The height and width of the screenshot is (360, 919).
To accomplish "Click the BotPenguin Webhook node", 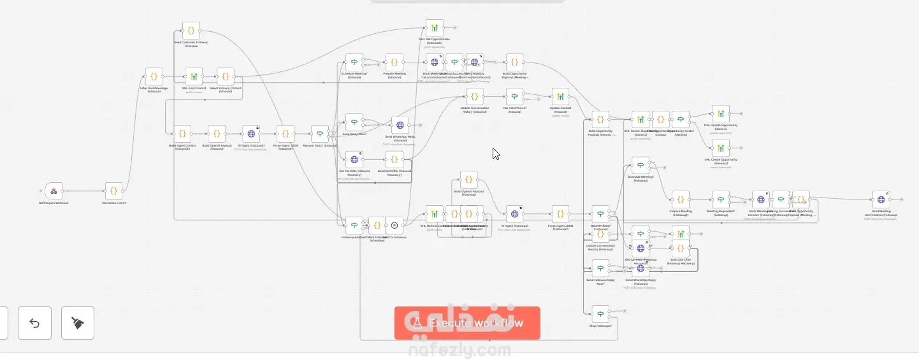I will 54,191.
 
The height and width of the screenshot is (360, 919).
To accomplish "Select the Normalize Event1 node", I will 113,191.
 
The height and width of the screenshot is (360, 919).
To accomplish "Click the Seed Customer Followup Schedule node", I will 191,31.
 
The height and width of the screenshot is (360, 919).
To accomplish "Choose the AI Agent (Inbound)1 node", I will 251,134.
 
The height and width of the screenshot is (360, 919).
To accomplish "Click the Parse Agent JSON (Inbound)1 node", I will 286,134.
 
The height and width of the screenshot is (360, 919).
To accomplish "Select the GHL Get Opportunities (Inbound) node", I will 434,28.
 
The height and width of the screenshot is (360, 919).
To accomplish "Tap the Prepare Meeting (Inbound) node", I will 394,62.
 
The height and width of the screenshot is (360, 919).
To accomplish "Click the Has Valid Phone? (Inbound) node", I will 514,97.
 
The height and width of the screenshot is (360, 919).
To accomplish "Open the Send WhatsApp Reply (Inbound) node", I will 400,125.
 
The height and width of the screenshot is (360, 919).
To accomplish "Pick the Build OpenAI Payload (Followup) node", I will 468,180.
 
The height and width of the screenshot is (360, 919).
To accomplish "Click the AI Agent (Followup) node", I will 514,214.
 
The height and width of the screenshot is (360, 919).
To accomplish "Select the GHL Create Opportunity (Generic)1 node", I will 720,148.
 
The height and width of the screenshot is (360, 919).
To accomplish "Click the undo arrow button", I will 34,323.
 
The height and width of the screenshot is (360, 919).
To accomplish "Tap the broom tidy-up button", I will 78,323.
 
